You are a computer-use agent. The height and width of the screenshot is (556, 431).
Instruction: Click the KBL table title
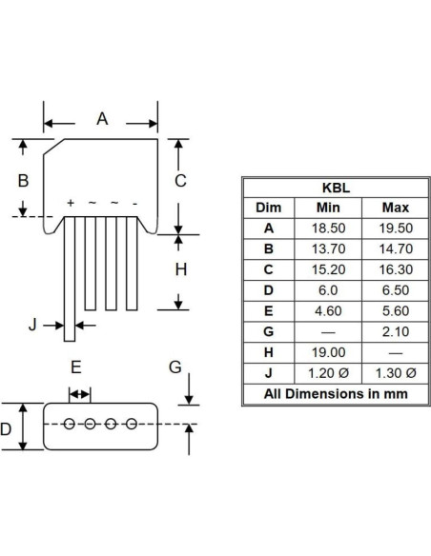(x=336, y=188)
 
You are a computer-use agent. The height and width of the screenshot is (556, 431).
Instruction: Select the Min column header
(x=328, y=208)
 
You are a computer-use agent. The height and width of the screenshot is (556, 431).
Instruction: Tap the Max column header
(x=396, y=208)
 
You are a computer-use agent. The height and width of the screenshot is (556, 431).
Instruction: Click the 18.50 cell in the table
(x=328, y=228)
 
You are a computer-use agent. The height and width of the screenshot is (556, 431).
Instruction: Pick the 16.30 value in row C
(x=396, y=269)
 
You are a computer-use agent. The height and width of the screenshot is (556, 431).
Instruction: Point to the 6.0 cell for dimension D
(x=328, y=290)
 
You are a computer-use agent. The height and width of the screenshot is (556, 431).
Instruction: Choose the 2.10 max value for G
(x=396, y=331)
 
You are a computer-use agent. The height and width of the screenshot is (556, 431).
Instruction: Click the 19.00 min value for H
(x=328, y=352)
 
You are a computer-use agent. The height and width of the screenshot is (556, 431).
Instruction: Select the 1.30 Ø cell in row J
(x=396, y=373)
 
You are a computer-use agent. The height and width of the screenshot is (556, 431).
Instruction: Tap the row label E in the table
(x=268, y=311)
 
